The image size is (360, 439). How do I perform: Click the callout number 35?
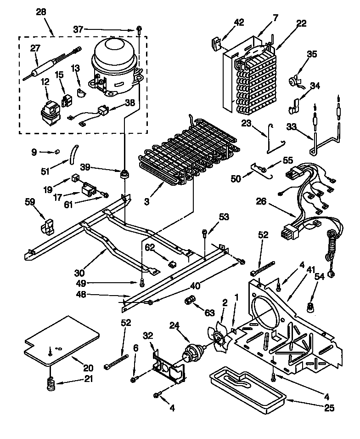click(x=312, y=54)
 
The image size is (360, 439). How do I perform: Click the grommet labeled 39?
click(x=124, y=175)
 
